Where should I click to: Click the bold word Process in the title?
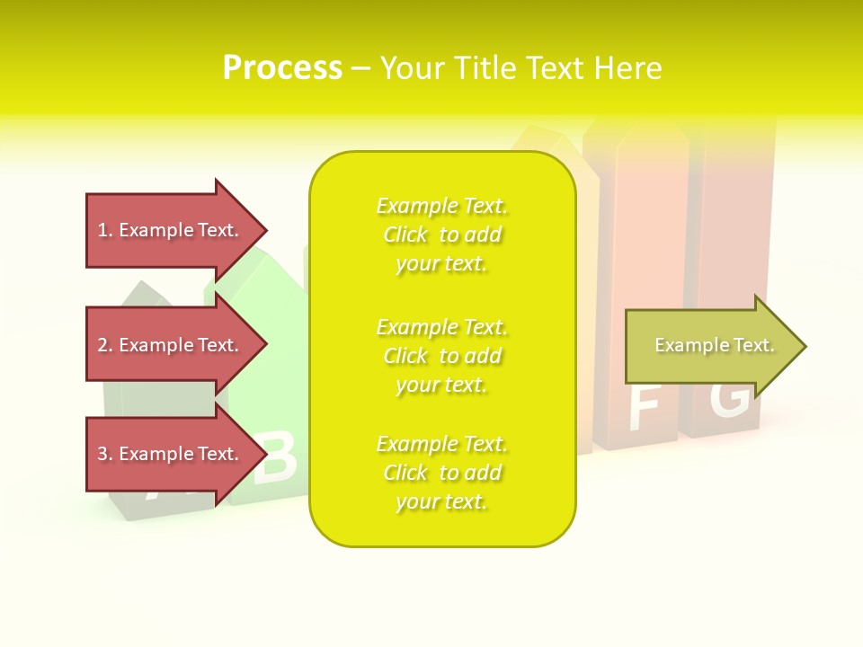point(282,67)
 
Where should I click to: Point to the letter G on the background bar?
point(730,401)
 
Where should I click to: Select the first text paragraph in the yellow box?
point(441,235)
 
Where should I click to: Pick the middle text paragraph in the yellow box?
point(441,356)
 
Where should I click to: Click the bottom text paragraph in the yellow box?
point(441,473)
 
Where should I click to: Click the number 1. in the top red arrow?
point(105,230)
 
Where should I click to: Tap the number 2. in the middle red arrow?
point(105,345)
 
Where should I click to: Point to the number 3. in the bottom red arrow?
point(105,454)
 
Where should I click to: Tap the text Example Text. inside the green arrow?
point(715,345)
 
